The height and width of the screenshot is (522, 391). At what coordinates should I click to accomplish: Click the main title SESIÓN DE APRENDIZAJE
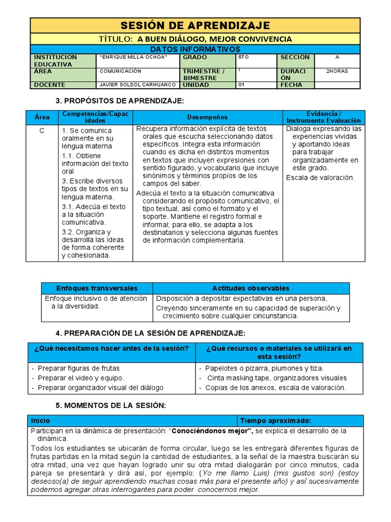point(195,25)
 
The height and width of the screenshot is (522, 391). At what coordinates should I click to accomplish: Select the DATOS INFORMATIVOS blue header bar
point(195,49)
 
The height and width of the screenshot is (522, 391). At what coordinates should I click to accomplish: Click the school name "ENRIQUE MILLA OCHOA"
point(133,58)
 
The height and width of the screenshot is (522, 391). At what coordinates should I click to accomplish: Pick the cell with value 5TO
point(244,58)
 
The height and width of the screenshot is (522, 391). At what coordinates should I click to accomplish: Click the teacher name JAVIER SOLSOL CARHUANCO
point(138,85)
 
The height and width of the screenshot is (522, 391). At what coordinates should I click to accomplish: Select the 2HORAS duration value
point(337,71)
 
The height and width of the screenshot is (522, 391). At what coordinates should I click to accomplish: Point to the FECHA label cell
point(292,85)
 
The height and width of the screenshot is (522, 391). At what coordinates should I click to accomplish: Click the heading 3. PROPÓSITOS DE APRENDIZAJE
point(119,101)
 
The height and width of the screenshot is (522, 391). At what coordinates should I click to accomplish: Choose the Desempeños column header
point(207,117)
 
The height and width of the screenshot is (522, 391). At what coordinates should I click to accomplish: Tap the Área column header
point(42,117)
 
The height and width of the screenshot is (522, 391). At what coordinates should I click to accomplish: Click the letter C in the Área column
point(42,130)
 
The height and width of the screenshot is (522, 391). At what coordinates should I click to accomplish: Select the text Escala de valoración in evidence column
point(320,178)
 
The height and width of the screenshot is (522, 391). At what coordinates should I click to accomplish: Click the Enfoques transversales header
point(97,288)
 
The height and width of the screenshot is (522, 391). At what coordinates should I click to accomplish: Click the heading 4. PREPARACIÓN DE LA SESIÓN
point(150,333)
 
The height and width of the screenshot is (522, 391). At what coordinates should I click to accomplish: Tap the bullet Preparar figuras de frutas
point(78,368)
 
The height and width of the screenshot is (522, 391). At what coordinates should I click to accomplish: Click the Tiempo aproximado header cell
point(275,421)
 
